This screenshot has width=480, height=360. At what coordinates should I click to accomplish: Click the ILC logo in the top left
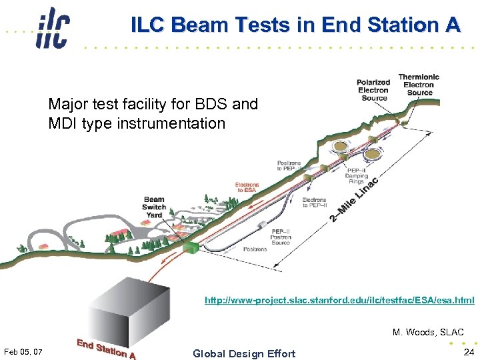coord(53,27)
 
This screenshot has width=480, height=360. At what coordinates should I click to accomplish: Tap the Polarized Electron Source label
coord(373,91)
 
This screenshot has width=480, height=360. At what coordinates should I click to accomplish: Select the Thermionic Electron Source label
coord(419,85)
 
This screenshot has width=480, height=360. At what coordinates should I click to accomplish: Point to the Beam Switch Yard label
coord(154,207)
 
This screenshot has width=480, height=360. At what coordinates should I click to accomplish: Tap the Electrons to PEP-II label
coord(314,203)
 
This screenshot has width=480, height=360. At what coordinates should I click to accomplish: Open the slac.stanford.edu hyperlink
coord(339,301)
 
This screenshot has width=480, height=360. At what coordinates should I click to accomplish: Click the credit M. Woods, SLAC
coord(428,332)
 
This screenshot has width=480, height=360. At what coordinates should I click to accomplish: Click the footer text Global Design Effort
coord(243,353)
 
